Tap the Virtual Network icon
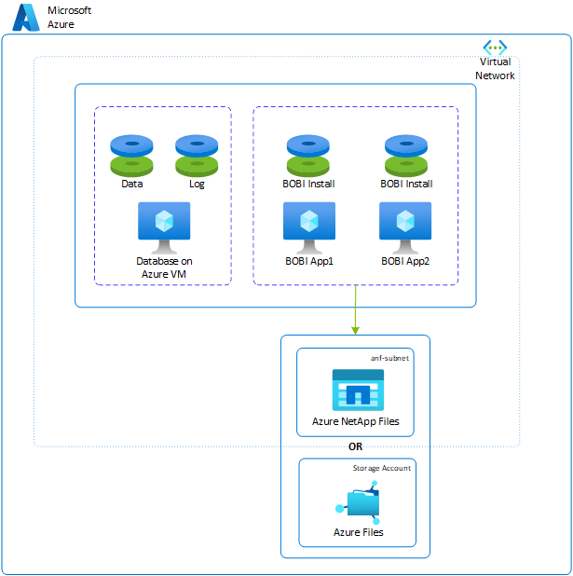tap(494, 48)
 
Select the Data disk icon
tap(131, 154)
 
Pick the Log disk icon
tap(196, 154)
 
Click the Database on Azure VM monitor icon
tap(164, 226)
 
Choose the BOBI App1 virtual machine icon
tap(308, 226)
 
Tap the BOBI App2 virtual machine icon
tap(405, 226)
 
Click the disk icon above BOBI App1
tap(308, 154)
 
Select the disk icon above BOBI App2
tap(406, 154)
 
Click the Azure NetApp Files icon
tap(358, 390)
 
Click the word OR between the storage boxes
tap(355, 446)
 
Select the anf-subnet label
tap(389, 357)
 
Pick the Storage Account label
tap(381, 468)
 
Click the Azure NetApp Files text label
tap(355, 421)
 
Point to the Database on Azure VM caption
tap(164, 267)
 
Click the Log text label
tap(196, 184)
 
